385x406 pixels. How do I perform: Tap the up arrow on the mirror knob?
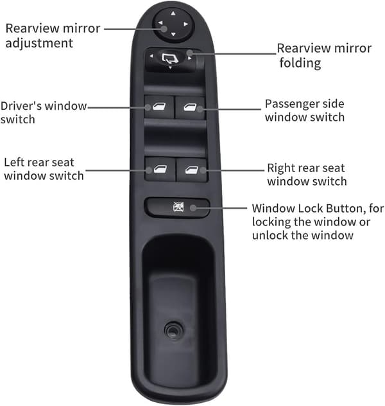click(173, 13)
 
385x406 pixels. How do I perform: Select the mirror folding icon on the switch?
click(170, 58)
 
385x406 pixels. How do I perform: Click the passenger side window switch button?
click(190, 107)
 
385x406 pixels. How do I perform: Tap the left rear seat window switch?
click(160, 170)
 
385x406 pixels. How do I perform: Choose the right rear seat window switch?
click(192, 170)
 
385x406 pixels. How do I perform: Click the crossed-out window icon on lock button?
click(178, 207)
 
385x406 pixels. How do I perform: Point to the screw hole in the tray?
click(173, 330)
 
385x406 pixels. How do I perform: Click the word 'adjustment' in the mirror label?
click(39, 43)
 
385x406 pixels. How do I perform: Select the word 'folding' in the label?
click(300, 63)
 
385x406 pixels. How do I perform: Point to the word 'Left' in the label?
click(13, 163)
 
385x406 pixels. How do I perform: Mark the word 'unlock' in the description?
click(268, 235)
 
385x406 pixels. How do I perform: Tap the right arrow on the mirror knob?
click(185, 24)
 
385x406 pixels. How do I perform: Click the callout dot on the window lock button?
click(193, 207)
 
